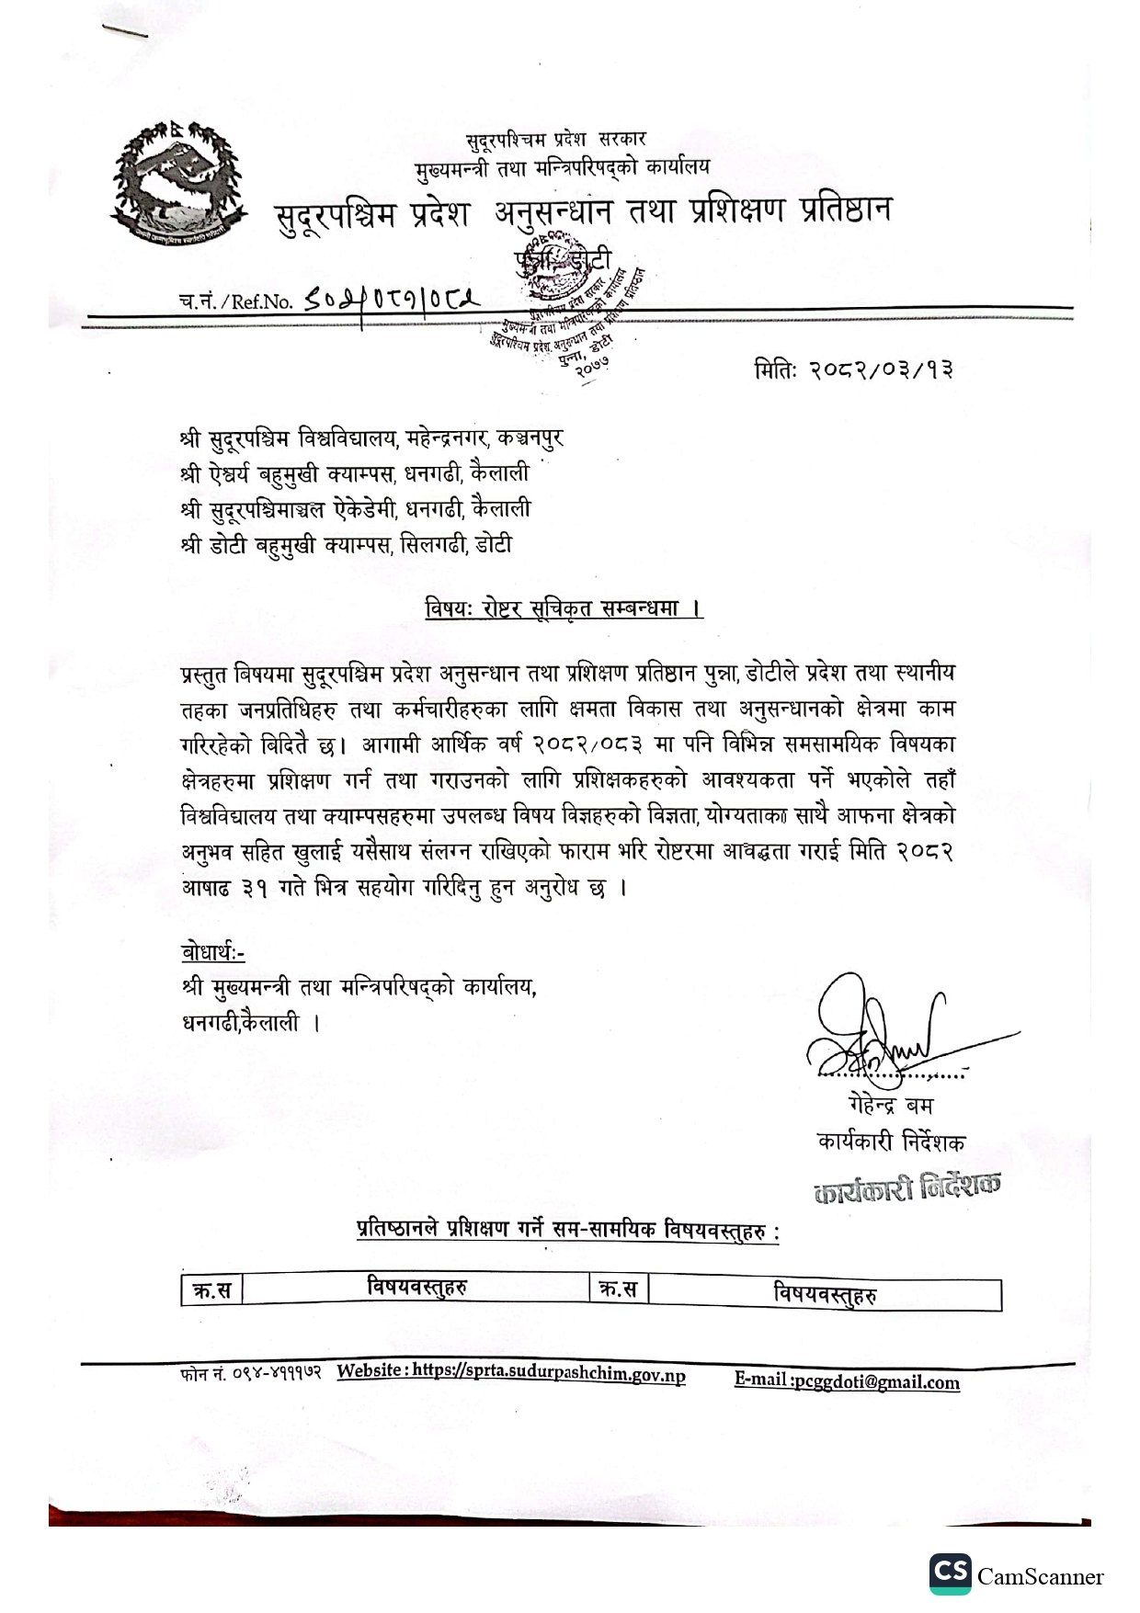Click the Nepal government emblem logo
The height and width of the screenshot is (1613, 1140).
tap(178, 184)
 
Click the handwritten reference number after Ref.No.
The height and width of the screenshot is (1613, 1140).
tap(393, 299)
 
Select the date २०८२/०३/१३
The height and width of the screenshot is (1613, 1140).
tap(880, 369)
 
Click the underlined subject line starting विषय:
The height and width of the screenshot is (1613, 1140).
tap(564, 608)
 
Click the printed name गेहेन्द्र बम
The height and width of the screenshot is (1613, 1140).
tap(890, 1105)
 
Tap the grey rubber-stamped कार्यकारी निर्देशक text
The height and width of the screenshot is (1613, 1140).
tap(906, 1188)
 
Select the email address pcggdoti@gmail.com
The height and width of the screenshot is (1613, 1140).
tap(875, 1381)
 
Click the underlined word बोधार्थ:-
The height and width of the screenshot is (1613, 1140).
tap(213, 952)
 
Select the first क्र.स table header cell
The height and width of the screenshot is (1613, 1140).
tap(211, 1290)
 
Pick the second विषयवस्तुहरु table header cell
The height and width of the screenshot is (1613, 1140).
tap(825, 1294)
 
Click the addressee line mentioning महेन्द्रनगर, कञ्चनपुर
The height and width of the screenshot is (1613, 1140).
tap(371, 438)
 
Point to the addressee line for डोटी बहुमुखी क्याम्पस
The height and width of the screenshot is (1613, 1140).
tap(346, 545)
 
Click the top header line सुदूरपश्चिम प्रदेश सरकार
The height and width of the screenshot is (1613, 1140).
tap(556, 140)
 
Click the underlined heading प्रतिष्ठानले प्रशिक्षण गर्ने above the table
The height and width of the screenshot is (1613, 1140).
tap(568, 1229)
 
